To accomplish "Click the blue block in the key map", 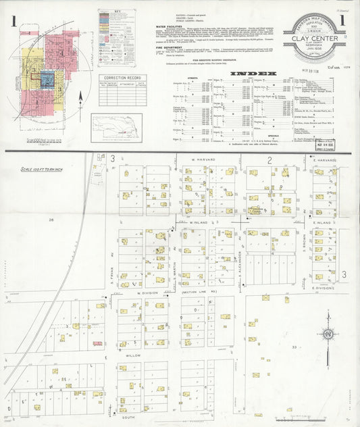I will point(47,79).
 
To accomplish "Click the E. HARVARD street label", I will point(325,159).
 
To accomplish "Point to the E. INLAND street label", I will point(322,222).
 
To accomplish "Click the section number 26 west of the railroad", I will point(51,220).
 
